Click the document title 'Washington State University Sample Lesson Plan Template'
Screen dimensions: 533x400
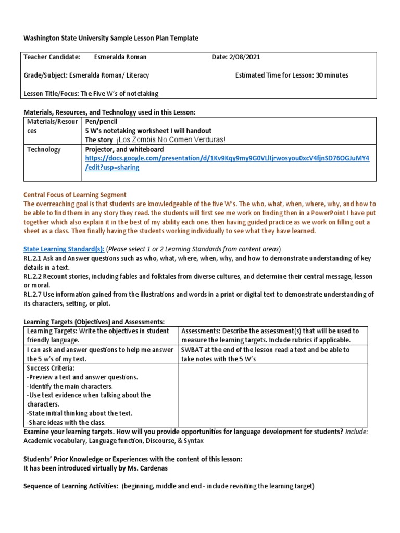coord(111,38)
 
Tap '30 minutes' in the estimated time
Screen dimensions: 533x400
coord(331,75)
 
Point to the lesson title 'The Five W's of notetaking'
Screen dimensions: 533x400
coord(119,93)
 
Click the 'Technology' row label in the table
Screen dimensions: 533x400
coord(44,149)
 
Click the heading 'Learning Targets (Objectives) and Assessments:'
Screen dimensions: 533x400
coord(94,322)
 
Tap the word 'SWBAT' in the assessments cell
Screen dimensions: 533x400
coord(193,350)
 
